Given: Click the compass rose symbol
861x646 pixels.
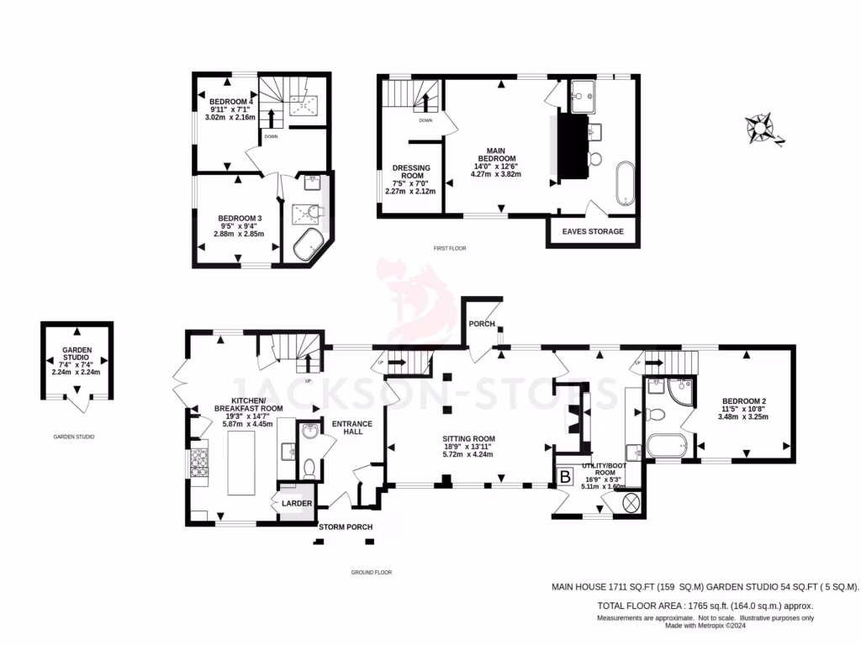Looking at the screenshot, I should tap(763, 128).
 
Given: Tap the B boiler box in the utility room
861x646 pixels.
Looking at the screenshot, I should tap(565, 476).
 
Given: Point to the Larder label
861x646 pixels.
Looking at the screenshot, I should tap(297, 503).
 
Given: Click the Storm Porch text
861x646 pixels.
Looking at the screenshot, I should tap(345, 527).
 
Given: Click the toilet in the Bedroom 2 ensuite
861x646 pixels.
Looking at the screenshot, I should tap(656, 414).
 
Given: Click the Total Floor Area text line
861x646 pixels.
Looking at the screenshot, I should tap(705, 605).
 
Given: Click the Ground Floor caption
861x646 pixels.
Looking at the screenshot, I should tap(371, 572).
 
